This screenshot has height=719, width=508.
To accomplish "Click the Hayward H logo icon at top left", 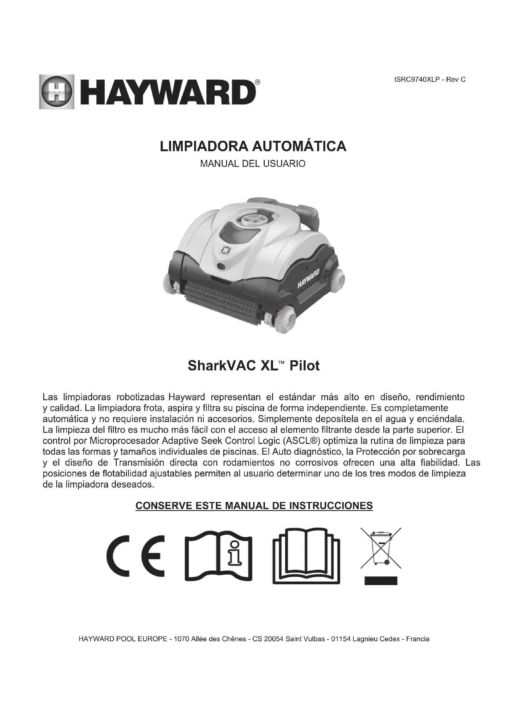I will click(57, 92).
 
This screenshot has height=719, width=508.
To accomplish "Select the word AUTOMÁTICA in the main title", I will click(299, 147).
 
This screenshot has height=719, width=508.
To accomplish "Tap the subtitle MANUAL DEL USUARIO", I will click(253, 164).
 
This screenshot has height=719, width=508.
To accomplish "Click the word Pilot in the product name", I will click(304, 366).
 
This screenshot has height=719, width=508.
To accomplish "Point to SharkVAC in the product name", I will click(222, 366).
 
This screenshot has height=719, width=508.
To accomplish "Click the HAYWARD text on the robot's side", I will click(308, 278).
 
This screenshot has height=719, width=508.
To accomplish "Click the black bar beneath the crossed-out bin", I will click(381, 581).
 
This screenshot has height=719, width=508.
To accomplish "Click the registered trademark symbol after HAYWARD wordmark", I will click(257, 82).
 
